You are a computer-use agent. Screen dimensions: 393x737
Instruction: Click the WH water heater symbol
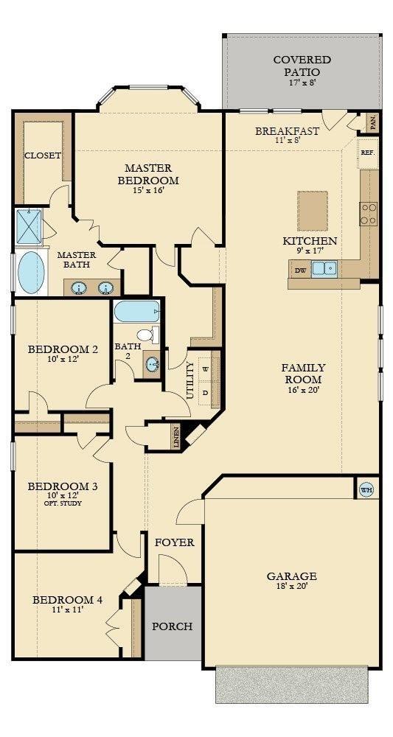[366, 490]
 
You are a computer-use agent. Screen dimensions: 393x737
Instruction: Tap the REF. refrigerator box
[368, 153]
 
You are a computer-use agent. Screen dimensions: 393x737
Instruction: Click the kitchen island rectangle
[312, 204]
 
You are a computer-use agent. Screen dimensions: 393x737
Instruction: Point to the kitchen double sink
[324, 268]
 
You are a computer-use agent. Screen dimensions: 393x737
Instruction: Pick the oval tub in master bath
[31, 273]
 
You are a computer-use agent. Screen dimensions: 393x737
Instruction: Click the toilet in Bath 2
[148, 335]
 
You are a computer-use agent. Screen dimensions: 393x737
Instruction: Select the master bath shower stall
[29, 226]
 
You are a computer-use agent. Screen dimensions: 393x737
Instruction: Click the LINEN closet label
[175, 437]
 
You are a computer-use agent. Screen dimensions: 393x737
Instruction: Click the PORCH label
[172, 626]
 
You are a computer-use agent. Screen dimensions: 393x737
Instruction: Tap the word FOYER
[175, 542]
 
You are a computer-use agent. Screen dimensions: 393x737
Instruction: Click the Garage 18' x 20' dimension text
[291, 586]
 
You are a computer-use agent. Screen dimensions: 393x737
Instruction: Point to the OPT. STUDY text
[63, 503]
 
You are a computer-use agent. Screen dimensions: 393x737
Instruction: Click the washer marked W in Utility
[206, 369]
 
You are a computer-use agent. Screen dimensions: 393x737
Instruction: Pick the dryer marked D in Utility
[206, 392]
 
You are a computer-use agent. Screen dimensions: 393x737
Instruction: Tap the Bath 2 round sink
[151, 364]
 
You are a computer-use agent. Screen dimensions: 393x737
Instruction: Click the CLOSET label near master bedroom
[43, 155]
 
